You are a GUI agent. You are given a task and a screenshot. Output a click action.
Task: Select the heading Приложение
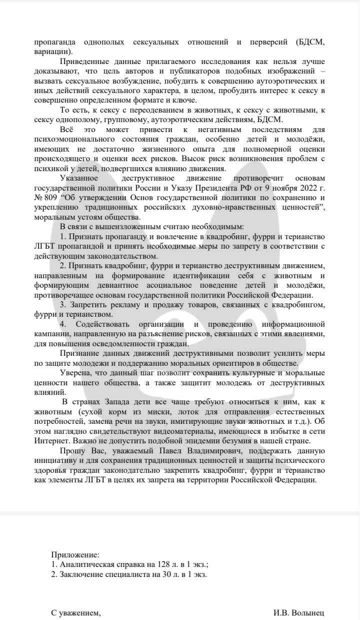point(75,541)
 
